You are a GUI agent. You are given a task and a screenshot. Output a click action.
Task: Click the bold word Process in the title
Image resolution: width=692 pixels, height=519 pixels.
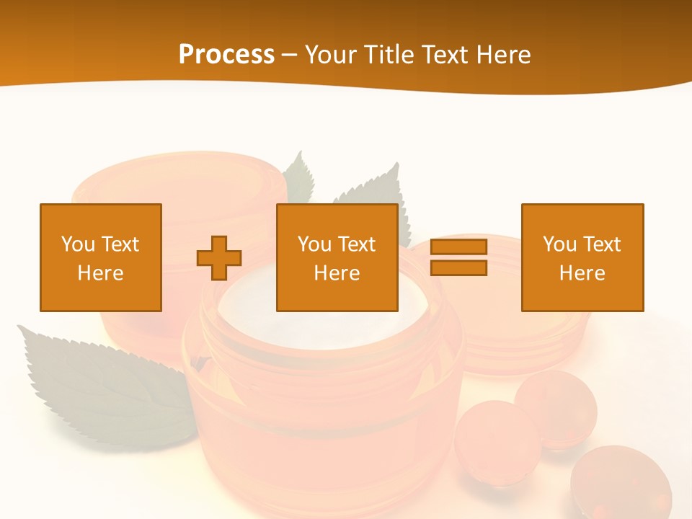click(x=226, y=55)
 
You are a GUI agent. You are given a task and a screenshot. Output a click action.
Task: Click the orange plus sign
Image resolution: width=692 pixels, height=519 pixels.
click(x=219, y=258)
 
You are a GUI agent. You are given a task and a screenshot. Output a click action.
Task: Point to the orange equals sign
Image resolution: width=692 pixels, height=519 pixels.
click(x=458, y=257)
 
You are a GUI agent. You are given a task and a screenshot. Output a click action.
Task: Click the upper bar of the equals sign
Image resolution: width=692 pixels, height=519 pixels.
click(x=458, y=247)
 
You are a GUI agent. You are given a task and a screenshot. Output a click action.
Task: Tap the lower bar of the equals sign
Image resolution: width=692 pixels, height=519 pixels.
click(x=458, y=267)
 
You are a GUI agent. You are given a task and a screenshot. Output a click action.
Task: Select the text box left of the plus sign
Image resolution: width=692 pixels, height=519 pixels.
click(x=101, y=257)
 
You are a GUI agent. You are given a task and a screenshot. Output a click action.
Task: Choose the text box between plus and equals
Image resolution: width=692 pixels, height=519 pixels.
click(x=337, y=257)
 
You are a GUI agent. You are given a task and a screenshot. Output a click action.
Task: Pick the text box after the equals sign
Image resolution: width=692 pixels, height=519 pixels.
click(x=582, y=257)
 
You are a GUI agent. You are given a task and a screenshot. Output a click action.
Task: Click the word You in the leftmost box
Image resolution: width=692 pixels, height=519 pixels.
click(x=77, y=244)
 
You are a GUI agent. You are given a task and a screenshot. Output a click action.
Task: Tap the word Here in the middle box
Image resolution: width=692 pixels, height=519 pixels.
click(x=337, y=273)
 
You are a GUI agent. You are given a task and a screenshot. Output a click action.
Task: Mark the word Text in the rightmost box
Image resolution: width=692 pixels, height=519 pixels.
click(x=602, y=244)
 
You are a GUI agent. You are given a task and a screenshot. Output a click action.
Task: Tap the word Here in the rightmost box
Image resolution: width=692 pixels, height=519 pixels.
click(x=582, y=273)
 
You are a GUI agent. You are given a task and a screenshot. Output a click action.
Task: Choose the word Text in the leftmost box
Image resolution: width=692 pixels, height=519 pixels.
click(x=120, y=244)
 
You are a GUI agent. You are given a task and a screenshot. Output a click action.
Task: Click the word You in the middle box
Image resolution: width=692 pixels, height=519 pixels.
click(x=314, y=244)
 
